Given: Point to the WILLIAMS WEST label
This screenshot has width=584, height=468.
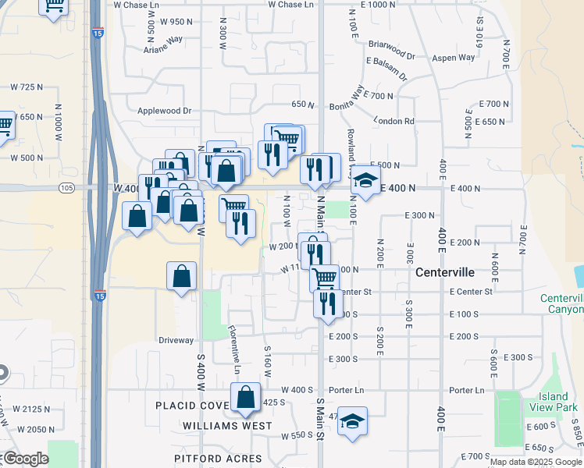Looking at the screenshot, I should pyautogui.click(x=227, y=426).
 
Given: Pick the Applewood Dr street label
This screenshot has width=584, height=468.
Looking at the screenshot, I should pyautogui.click(x=164, y=111).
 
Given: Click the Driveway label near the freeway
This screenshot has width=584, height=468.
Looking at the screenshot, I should pyautogui.click(x=176, y=340).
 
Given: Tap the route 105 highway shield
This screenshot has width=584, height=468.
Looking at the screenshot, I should pyautogui.click(x=66, y=188).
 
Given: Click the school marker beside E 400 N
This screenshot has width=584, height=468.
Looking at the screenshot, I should pyautogui.click(x=364, y=183).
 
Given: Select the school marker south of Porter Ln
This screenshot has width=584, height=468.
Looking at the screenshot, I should pyautogui.click(x=352, y=421).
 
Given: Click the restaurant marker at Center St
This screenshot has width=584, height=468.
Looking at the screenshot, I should pyautogui.click(x=328, y=301).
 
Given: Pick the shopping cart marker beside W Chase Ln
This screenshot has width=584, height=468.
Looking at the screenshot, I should pyautogui.click(x=53, y=6).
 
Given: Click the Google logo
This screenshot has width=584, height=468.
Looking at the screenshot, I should pyautogui.click(x=25, y=459).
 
